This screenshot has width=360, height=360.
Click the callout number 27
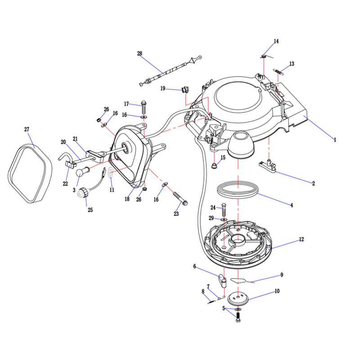click(27, 130)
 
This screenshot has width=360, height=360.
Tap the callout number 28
click(139, 54)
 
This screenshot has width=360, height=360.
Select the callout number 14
click(276, 41)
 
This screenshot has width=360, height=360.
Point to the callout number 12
click(301, 239)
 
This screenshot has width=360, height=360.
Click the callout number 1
click(335, 139)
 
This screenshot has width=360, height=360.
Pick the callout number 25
click(90, 210)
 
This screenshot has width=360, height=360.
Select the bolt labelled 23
click(180, 199)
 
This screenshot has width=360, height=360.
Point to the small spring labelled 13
click(278, 72)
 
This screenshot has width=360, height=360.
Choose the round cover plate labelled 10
click(238, 299)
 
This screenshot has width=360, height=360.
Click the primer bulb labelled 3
click(81, 171)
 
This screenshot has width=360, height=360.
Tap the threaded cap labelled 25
click(82, 193)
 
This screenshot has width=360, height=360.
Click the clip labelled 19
click(185, 89)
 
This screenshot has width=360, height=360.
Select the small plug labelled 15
click(214, 166)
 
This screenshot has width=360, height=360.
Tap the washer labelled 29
click(224, 220)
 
